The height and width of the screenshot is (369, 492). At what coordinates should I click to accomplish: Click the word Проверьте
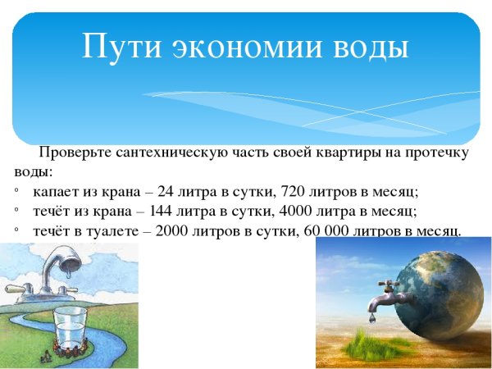pyautogui.click(x=75, y=153)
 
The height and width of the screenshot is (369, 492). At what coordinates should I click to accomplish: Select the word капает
pyautogui.click(x=57, y=192)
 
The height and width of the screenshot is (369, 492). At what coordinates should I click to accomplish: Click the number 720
pyautogui.click(x=294, y=192)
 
